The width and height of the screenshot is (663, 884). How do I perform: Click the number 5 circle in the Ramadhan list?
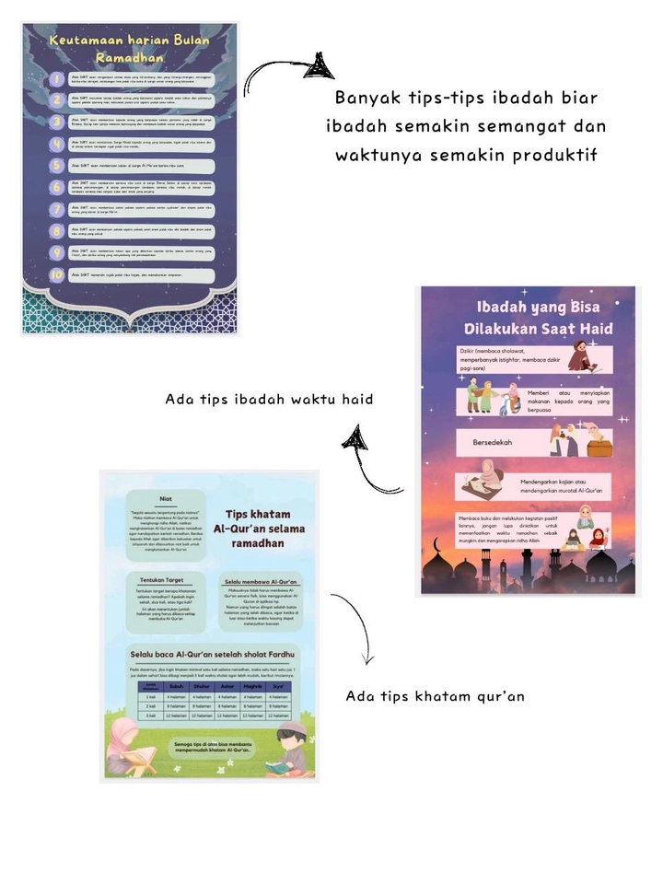[x=57, y=166]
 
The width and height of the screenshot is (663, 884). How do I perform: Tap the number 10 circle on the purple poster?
[x=57, y=275]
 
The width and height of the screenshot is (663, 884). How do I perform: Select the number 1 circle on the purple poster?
[x=57, y=79]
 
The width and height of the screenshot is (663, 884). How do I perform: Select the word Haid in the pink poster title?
[x=589, y=328]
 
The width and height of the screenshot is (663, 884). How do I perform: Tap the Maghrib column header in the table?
[x=248, y=686]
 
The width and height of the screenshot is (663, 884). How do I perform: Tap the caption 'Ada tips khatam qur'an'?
[x=435, y=696]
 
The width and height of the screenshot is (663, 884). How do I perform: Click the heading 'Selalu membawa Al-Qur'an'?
[x=261, y=582]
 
